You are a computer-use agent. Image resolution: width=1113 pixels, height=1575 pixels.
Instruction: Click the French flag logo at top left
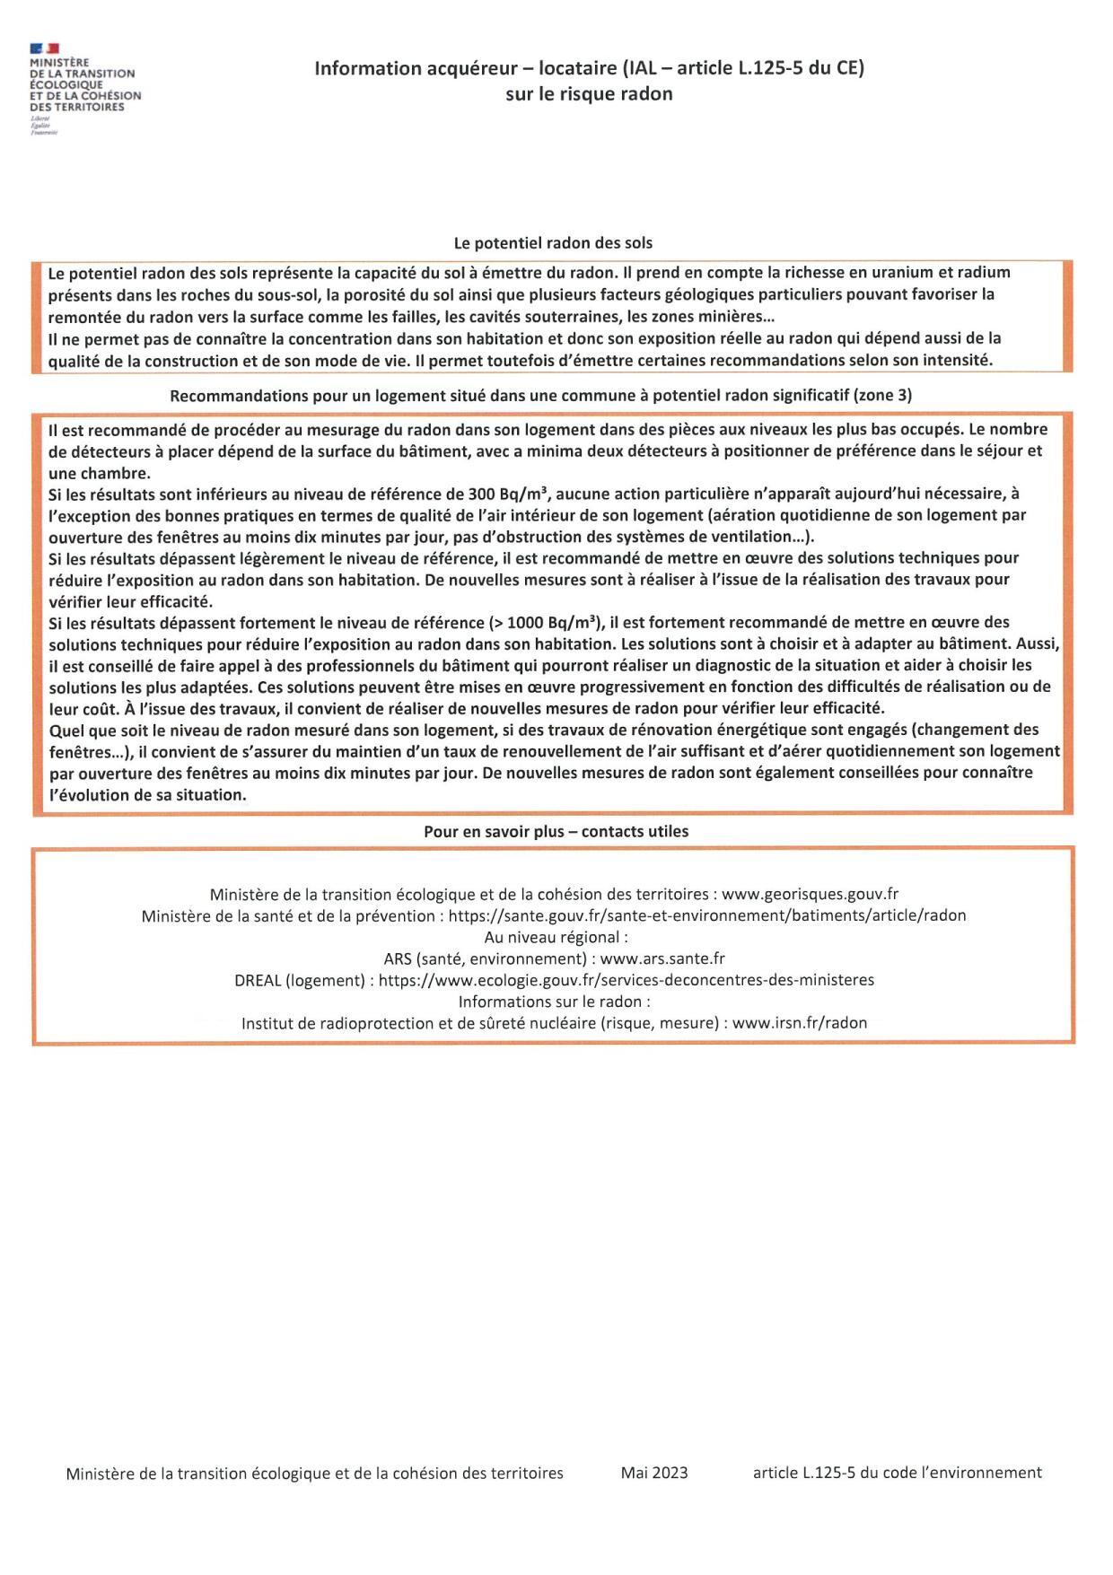pos(44,48)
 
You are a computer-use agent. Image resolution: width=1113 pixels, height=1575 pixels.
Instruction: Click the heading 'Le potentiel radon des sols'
pos(553,242)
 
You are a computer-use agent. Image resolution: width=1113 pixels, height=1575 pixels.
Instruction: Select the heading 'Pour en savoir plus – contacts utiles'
pos(556,831)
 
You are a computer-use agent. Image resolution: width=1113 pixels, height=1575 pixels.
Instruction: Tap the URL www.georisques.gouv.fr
pos(810,894)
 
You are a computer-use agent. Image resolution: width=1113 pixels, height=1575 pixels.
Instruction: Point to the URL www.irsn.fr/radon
pos(800,1022)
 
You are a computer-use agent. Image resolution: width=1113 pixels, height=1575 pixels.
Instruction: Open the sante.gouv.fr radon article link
pos(707,915)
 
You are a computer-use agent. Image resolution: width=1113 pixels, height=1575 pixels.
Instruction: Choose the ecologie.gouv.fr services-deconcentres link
pos(626,980)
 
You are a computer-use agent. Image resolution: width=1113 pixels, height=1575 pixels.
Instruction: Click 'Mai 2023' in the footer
pos(653,1472)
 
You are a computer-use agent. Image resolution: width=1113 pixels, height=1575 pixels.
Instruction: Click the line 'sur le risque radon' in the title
pos(589,93)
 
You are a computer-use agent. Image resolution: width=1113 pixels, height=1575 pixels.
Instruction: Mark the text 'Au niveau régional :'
pos(556,937)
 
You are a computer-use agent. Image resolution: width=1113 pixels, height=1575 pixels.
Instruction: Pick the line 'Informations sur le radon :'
pos(554,1001)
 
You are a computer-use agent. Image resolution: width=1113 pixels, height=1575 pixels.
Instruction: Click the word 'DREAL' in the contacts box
pos(258,980)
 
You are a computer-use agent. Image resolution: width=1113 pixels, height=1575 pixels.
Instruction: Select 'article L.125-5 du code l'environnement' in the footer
pos(897,1472)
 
